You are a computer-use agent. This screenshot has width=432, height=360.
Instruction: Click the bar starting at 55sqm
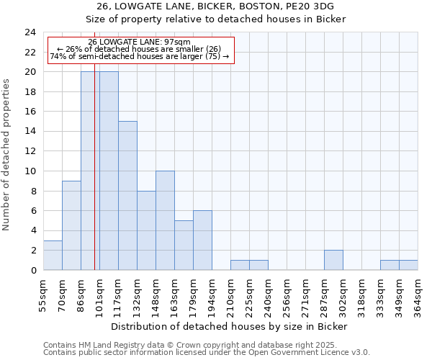(53, 255)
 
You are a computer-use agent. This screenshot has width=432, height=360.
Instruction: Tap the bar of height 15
(127, 196)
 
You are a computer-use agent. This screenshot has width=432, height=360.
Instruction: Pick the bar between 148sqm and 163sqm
(165, 220)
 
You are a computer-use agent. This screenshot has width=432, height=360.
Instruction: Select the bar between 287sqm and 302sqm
(333, 260)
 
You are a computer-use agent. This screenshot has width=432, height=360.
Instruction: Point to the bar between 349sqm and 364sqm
(408, 265)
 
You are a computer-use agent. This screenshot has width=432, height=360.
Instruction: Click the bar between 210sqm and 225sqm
(240, 265)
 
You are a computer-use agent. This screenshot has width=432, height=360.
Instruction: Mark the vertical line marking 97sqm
(94, 180)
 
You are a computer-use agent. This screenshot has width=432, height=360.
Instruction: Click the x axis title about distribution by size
(230, 326)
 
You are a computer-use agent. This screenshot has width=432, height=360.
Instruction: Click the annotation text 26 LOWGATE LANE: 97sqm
(140, 42)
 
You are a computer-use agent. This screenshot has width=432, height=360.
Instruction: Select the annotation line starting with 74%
(140, 56)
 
